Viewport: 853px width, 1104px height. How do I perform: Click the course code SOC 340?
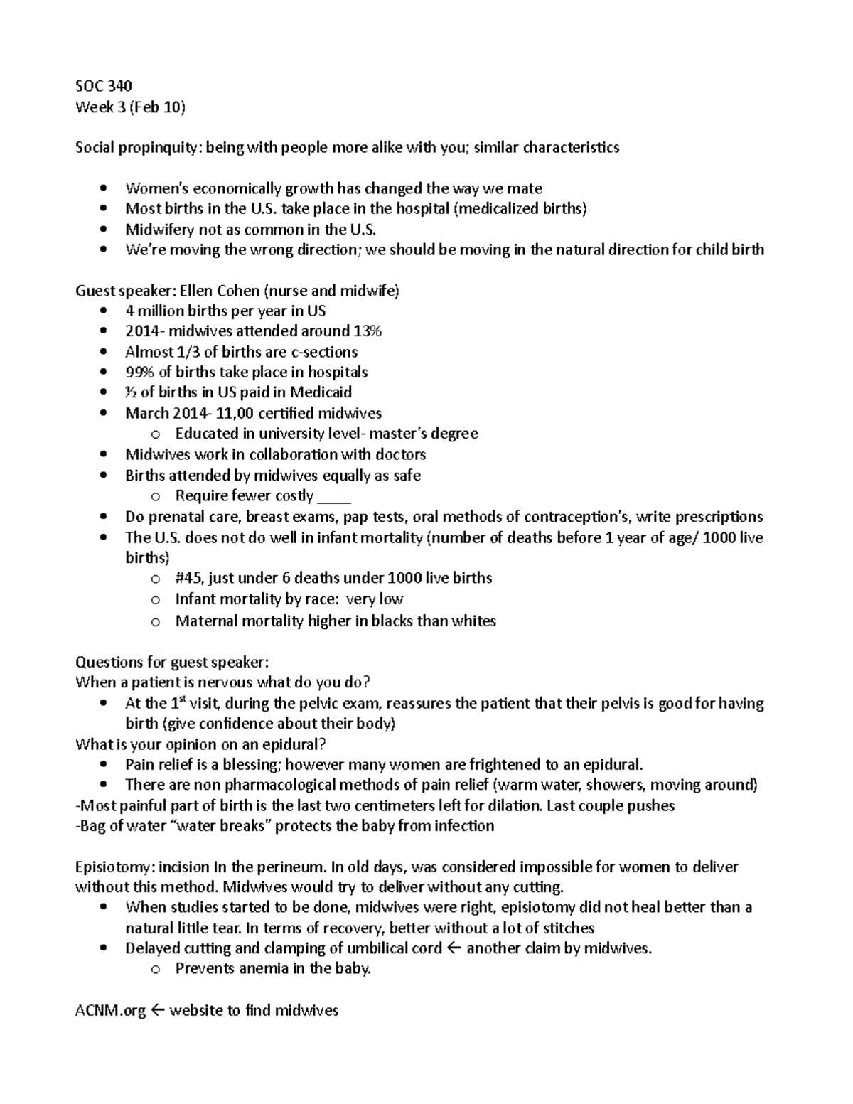pyautogui.click(x=103, y=86)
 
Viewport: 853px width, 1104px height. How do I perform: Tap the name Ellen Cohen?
pyautogui.click(x=220, y=290)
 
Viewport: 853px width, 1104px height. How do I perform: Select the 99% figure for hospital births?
pyautogui.click(x=139, y=372)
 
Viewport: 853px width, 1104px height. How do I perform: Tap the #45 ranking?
pyautogui.click(x=190, y=578)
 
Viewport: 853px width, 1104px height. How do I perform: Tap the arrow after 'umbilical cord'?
pyautogui.click(x=455, y=948)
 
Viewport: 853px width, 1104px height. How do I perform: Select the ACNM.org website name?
pyautogui.click(x=110, y=1010)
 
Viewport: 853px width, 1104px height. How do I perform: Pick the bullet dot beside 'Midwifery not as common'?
pyautogui.click(x=104, y=230)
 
